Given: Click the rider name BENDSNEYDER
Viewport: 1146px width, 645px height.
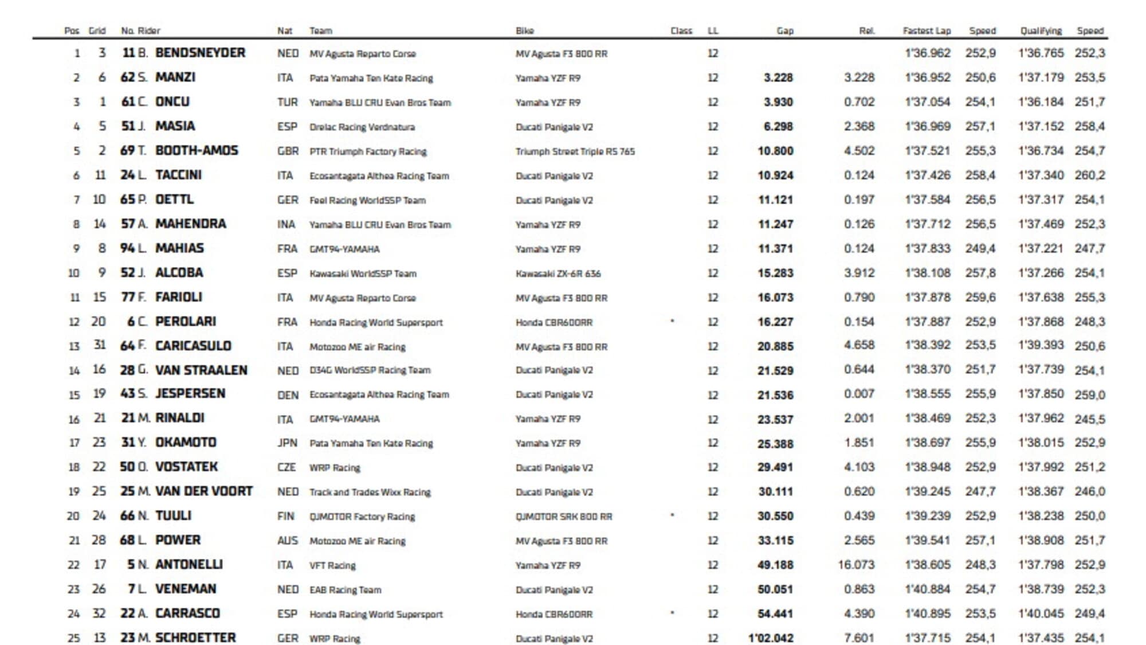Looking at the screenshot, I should coord(200,53).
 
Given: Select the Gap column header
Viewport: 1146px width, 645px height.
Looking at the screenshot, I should coord(784,31).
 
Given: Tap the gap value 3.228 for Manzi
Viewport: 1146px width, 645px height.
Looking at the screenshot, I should coord(778,77).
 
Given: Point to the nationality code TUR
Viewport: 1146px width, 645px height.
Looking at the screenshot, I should coord(287,102).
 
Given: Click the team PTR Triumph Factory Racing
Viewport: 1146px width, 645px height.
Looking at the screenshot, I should coord(368,151).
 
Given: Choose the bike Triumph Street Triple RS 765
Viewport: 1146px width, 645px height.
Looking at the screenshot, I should coord(575,151).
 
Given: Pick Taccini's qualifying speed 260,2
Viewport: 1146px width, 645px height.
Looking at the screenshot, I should coord(1089,175).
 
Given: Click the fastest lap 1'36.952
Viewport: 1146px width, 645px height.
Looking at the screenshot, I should coord(927,77).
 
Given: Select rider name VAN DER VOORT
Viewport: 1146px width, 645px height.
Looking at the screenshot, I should coord(203,491).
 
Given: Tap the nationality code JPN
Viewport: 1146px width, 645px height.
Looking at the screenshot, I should coord(287,443).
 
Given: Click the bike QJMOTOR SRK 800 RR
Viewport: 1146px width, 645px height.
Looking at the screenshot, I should coord(563,517).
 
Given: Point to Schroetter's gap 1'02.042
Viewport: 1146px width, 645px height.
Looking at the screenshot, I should coord(771,638).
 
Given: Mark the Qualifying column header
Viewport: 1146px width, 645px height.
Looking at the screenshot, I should coord(1041,31).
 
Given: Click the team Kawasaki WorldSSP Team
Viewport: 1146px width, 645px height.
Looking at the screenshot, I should coord(363,273).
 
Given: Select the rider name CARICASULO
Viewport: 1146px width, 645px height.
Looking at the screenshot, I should coord(193,346).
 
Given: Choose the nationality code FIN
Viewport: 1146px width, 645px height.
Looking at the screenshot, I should coord(285,516).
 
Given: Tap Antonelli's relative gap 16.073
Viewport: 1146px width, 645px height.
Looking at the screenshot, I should coord(856,565).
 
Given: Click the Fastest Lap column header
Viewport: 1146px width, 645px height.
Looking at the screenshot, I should coord(926,31).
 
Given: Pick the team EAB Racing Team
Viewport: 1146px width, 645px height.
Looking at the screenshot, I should coord(345,589).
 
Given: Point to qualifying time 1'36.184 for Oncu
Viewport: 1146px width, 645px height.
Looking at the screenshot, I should coord(1041,102).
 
